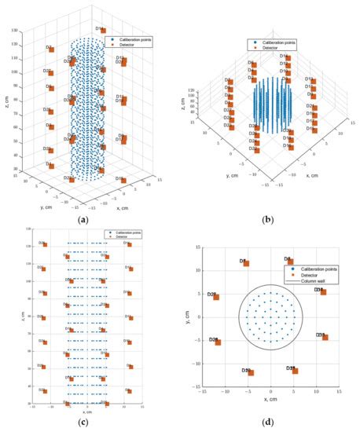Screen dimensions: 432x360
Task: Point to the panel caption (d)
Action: tap(270, 425)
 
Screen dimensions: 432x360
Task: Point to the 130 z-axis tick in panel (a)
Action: tap(27, 29)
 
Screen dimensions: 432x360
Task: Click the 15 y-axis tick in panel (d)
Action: tap(198, 249)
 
